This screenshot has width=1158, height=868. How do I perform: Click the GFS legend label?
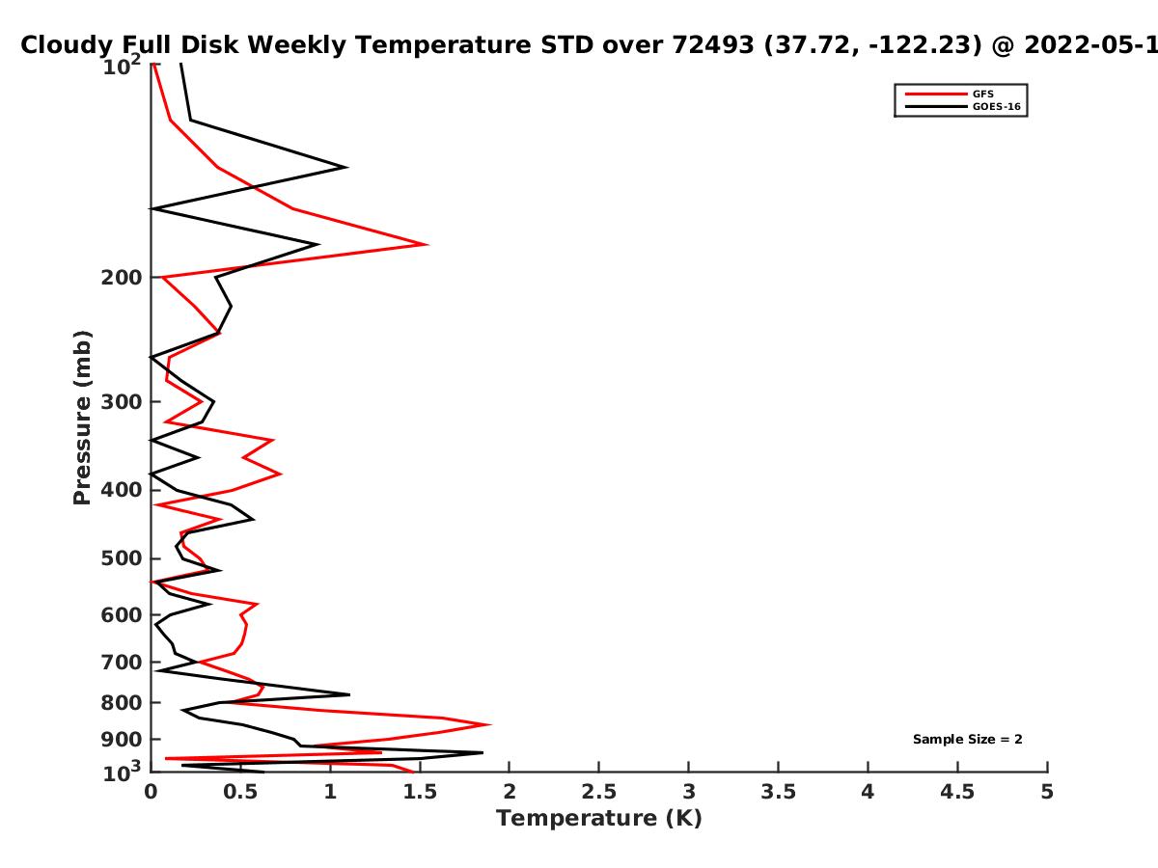[x=982, y=95]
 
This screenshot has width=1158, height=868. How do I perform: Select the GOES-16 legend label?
[x=997, y=107]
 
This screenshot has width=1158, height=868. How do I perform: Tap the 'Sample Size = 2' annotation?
[x=968, y=740]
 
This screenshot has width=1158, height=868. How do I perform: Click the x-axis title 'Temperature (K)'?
[x=599, y=819]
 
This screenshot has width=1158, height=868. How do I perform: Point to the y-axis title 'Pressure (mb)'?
[x=82, y=418]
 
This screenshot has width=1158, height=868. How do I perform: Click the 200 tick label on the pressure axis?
[x=122, y=278]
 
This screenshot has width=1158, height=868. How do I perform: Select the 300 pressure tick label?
[x=122, y=402]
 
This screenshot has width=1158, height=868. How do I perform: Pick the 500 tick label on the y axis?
[x=122, y=558]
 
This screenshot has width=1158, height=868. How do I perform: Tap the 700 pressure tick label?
[x=122, y=663]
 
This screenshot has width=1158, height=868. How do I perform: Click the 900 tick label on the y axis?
[x=122, y=740]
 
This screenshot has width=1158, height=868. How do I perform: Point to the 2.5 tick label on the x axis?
[x=599, y=792]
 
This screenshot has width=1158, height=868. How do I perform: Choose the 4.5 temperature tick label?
[x=957, y=792]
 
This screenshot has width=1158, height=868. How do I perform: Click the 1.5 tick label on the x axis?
[x=420, y=792]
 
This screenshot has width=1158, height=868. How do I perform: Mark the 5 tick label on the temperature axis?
[x=1047, y=792]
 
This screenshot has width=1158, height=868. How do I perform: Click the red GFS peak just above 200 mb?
[x=427, y=245]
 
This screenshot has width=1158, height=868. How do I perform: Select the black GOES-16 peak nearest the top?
[x=346, y=168]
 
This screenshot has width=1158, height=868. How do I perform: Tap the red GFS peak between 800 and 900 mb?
[x=490, y=724]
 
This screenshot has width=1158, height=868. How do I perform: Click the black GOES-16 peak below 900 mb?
[x=482, y=752]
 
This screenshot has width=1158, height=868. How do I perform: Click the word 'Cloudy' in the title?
[x=64, y=46]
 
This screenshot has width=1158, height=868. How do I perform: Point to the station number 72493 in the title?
[x=712, y=44]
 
